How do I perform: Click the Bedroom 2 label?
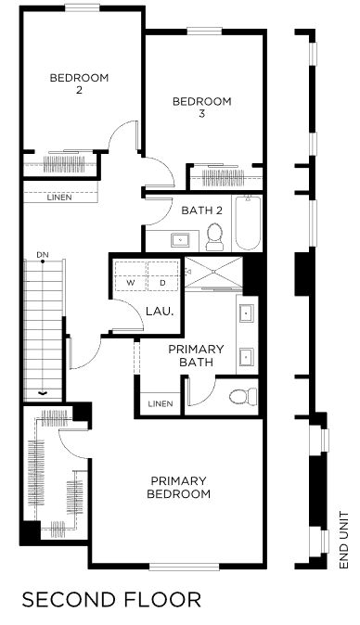pyautogui.click(x=79, y=83)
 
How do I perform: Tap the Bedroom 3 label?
pyautogui.click(x=201, y=108)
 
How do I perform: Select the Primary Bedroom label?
pyautogui.click(x=178, y=487)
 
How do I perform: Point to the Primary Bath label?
pyautogui.click(x=196, y=355)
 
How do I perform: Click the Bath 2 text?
pyautogui.click(x=201, y=210)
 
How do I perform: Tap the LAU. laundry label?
pyautogui.click(x=160, y=311)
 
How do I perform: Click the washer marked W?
pyautogui.click(x=131, y=275)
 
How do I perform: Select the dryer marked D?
pyautogui.click(x=163, y=275)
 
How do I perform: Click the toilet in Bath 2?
pyautogui.click(x=215, y=236)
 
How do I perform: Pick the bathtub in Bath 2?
pyautogui.click(x=248, y=223)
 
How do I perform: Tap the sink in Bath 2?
pyautogui.click(x=181, y=240)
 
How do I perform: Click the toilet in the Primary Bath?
pyautogui.click(x=244, y=396)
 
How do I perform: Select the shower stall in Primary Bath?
pyautogui.click(x=213, y=273)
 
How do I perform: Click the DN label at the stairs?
pyautogui.click(x=43, y=254)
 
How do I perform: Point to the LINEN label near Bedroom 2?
pyautogui.click(x=59, y=198)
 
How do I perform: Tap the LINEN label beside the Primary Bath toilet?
pyautogui.click(x=161, y=403)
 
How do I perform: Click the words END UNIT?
pyautogui.click(x=343, y=540)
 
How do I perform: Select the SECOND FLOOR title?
pyautogui.click(x=111, y=600)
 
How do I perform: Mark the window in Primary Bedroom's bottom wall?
pyautogui.click(x=185, y=566)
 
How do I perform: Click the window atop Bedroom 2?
pyautogui.click(x=83, y=7)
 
